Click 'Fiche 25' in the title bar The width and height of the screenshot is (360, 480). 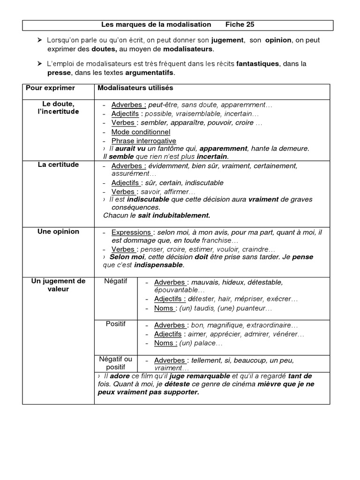pos(240,24)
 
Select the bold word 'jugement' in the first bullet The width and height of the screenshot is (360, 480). pos(227,40)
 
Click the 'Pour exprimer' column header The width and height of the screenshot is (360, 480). pos(50,88)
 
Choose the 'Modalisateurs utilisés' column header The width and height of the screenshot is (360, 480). pos(135,88)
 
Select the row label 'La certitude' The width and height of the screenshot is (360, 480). pos(58,165)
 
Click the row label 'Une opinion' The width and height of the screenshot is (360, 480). pos(58,232)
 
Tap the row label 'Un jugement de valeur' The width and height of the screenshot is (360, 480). pos(58,285)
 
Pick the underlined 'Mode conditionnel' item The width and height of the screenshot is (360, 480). pos(141,132)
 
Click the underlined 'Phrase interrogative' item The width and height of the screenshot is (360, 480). pos(143,141)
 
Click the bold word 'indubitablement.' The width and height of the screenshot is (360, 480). pos(182,216)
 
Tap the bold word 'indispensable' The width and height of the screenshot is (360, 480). pos(158,265)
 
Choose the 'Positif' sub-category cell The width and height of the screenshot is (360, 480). pos(115,324)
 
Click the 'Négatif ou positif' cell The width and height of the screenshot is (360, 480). pos(115,363)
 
